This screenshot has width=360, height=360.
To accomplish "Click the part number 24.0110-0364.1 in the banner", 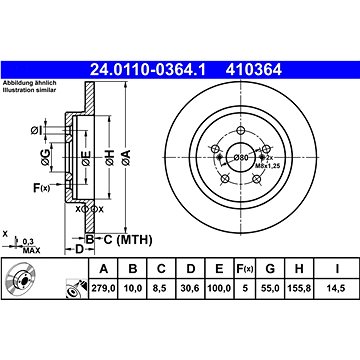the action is pos(148,70).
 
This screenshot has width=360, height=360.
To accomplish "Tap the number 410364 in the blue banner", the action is pos(254,70).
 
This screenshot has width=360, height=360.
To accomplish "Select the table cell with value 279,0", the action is pos(103,288).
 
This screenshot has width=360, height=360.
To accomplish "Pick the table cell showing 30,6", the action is pos(190,288).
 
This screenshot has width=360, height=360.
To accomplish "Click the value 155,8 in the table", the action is pos(299,288).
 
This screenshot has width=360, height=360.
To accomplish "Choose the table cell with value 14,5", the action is pos(337,288).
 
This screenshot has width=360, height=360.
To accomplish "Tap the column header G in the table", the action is pos(270,268).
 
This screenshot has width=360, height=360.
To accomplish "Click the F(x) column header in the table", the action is pos(245,268).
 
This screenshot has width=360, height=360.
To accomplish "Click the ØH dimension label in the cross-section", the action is pos(109,158).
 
